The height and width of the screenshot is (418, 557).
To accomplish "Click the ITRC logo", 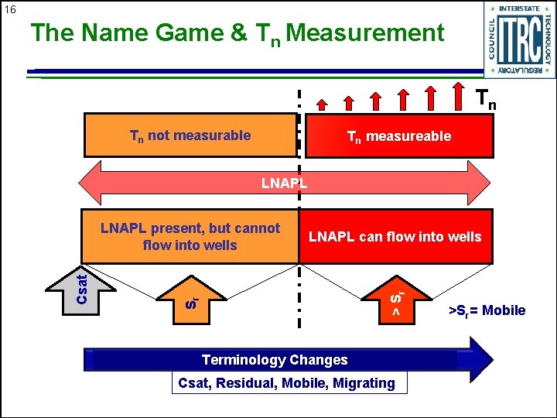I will click(x=519, y=39).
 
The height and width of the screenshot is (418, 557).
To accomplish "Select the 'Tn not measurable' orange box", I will click(x=190, y=135).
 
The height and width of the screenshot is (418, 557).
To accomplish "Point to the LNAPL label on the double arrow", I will click(x=284, y=183).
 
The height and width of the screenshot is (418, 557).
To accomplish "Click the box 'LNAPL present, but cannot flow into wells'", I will click(x=190, y=236).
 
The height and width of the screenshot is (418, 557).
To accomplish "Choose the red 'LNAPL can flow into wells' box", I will click(x=395, y=236).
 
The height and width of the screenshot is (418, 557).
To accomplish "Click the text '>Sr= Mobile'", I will click(x=487, y=310).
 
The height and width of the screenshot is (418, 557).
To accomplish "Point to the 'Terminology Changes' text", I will click(x=275, y=359).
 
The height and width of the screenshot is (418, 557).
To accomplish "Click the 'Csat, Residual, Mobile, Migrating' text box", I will click(x=286, y=382).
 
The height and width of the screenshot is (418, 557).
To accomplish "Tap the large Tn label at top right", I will click(x=485, y=98).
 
